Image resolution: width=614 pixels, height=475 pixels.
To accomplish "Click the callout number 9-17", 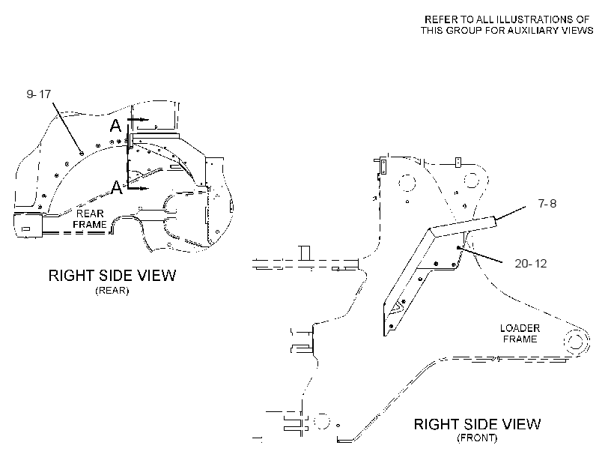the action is (x=39, y=94).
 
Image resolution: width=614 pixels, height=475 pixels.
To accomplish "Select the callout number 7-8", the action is (x=547, y=203).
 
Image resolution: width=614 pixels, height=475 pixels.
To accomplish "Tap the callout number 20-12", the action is (x=531, y=264).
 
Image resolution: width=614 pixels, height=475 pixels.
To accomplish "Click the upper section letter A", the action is (x=115, y=126).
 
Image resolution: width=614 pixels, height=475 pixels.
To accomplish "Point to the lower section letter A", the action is (x=117, y=187).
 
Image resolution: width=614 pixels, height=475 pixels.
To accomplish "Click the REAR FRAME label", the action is (x=90, y=219).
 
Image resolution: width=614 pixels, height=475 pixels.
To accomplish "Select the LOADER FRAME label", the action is (x=520, y=333).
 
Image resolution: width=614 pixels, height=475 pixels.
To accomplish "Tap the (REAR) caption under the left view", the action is (x=112, y=291).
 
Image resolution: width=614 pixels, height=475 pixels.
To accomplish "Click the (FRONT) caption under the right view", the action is (x=477, y=438).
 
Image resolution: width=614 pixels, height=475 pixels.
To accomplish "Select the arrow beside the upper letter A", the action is (x=138, y=118).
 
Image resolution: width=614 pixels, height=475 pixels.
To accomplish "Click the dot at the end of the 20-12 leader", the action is (x=458, y=248).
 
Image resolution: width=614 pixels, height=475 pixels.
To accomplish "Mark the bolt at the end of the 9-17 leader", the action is (x=81, y=154).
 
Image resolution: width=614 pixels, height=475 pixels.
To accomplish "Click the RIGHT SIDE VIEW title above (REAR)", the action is (x=112, y=276).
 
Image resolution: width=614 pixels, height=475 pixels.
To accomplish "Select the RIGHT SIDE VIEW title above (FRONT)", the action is (x=477, y=424).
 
